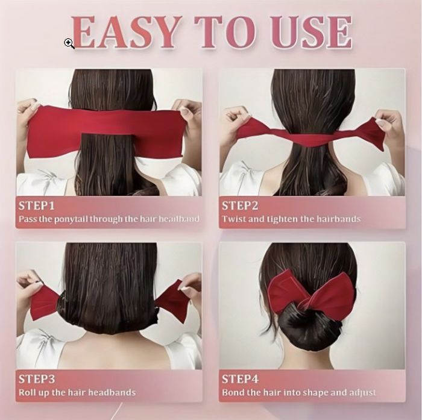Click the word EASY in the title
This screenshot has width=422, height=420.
tap(125, 33)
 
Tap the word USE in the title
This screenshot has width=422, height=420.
tap(313, 33)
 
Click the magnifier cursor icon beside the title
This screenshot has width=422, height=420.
tap(69, 43)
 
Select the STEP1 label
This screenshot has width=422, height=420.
tap(36, 206)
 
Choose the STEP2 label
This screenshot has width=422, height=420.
tap(240, 206)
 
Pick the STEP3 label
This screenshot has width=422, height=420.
tap(37, 380)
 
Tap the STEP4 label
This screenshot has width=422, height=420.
tap(240, 380)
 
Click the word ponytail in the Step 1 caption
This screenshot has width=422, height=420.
tap(71, 219)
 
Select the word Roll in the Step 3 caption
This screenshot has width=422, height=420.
tap(26, 392)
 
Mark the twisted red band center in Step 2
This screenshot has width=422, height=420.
tap(312, 137)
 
